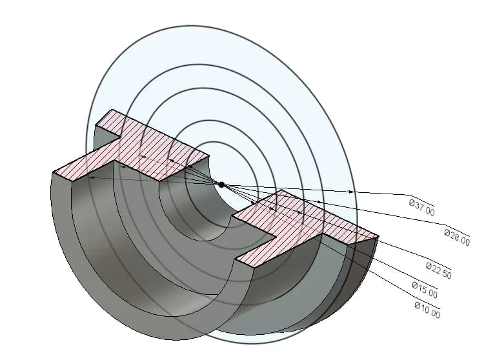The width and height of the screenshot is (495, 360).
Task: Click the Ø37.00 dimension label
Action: pos(422,207)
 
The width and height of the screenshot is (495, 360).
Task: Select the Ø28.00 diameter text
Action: pos(457,237)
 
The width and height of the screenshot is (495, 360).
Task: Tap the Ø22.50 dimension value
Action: pos(439,270)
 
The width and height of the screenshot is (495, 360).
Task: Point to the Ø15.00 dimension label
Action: pos(425,290)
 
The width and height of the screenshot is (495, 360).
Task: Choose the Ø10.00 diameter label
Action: pos(427,310)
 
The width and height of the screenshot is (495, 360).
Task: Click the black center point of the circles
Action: pos(221,185)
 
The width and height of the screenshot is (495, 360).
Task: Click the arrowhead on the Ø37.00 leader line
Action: pos(350,192)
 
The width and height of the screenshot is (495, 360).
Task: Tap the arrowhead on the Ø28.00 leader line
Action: pos(320,201)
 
